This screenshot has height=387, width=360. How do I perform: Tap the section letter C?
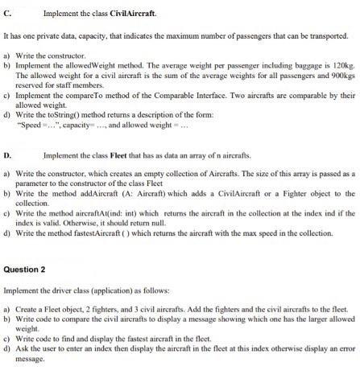point(7,14)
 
